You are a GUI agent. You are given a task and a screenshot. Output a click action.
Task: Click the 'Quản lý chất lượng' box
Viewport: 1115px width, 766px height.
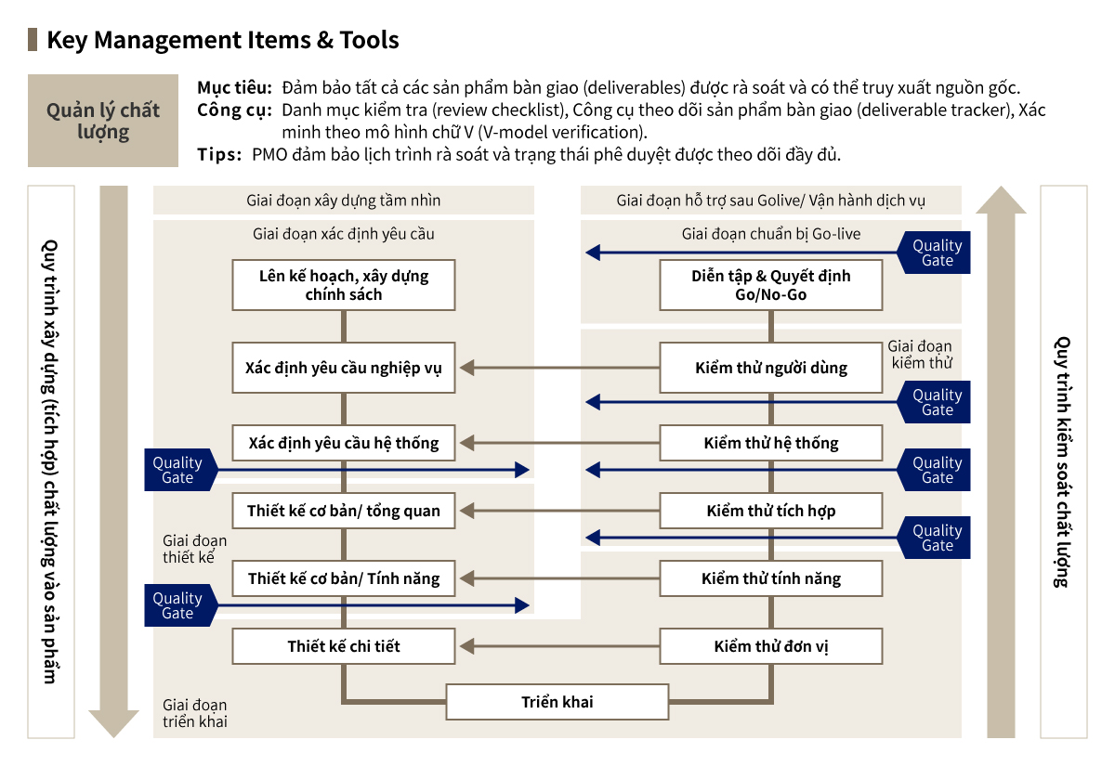[x=103, y=121]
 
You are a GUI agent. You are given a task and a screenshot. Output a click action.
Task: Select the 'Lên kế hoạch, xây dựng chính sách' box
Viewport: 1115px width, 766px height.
[x=344, y=285]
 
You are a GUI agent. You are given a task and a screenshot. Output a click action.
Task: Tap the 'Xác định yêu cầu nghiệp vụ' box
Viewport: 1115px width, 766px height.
[x=344, y=368]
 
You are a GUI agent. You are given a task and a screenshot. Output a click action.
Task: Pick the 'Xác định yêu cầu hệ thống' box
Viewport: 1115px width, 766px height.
[x=344, y=443]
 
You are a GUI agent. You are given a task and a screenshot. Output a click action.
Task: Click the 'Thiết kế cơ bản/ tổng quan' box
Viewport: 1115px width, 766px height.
[x=344, y=511]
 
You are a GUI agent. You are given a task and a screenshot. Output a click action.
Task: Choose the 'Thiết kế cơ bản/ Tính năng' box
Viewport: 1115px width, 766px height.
[x=344, y=578]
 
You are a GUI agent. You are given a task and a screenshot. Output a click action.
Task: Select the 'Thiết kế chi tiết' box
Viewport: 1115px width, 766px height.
[x=344, y=646]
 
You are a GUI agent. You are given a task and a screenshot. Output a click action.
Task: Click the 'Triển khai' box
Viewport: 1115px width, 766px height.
[x=557, y=702]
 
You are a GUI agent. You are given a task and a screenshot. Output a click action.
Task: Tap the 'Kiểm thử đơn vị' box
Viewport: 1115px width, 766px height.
[x=771, y=646]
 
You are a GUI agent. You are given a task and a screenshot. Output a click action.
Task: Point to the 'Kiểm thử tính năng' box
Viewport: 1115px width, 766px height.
[x=771, y=578]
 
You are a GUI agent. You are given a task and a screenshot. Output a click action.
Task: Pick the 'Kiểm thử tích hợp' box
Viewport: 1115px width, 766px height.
[x=771, y=511]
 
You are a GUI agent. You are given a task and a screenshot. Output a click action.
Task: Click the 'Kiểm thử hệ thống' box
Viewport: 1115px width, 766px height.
[x=771, y=443]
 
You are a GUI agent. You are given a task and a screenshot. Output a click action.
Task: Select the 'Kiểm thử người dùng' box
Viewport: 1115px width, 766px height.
[x=771, y=368]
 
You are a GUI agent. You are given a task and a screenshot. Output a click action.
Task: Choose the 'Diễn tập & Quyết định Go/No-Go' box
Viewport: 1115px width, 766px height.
[x=771, y=285]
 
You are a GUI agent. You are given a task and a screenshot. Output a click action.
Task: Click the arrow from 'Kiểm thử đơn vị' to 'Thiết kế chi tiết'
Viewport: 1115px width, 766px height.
[x=557, y=646]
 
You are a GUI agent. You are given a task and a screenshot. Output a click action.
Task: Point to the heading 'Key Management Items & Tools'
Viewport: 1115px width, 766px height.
[x=223, y=40]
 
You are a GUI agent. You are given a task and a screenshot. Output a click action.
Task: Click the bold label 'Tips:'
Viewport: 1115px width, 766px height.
[x=220, y=154]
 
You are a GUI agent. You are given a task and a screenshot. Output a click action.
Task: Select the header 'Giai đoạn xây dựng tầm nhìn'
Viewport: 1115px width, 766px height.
[x=344, y=201]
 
